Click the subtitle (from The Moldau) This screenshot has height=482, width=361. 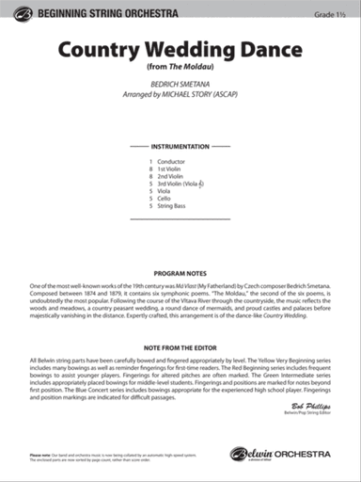click(x=180, y=68)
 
